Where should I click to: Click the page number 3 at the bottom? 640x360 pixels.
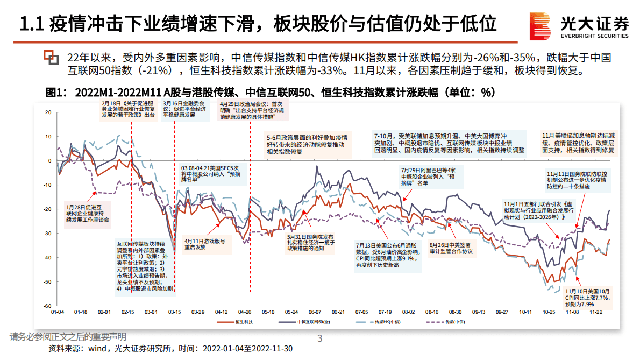coord(320,338)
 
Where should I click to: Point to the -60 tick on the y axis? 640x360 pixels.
coord(47,306)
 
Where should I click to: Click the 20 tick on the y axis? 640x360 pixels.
coord(48,112)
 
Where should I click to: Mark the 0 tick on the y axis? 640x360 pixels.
coord(49,160)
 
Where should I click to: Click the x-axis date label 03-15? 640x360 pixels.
coord(174,312)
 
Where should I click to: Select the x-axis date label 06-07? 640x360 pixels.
coord(315,312)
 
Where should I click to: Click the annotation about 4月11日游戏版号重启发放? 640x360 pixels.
coord(208,244)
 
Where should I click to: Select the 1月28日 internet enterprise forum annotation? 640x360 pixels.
coord(88,213)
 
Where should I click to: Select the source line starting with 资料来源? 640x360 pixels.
coord(170,349)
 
